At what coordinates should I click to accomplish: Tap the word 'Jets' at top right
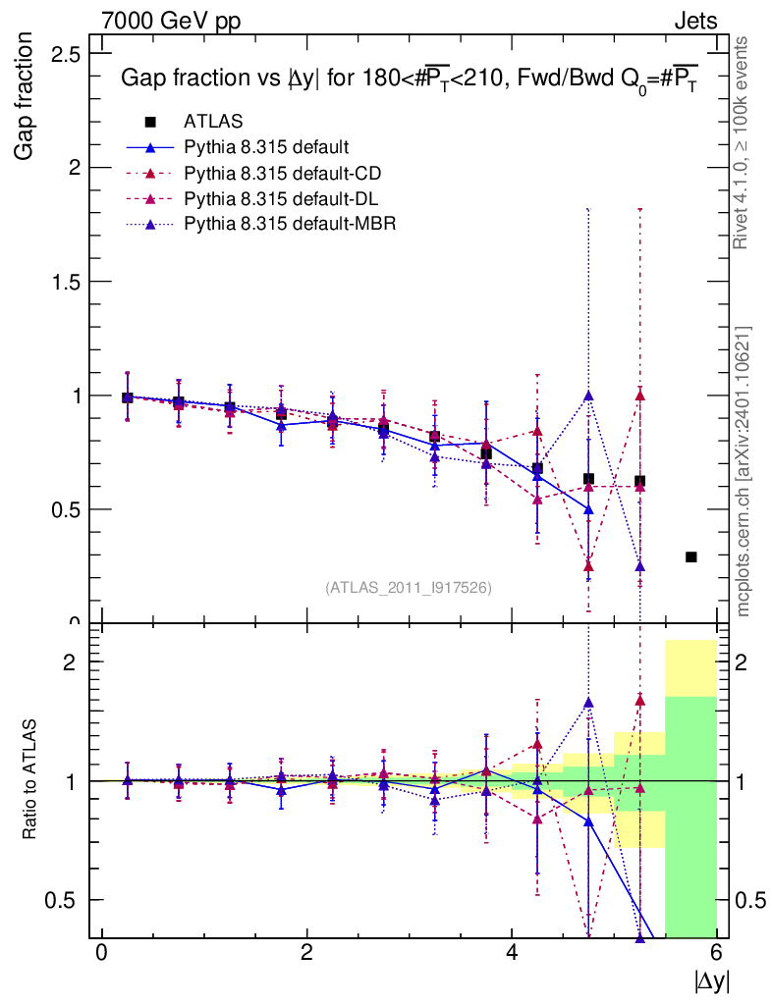[x=695, y=21]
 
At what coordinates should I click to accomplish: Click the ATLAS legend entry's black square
[x=150, y=122]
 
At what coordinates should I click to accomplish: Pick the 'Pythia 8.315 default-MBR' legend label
[x=290, y=224]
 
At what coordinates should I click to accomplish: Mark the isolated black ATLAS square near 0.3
[x=691, y=557]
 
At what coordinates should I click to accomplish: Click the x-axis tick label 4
[x=513, y=952]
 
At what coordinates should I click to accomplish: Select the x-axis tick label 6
[x=718, y=952]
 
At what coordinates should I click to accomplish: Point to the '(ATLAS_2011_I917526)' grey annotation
[x=409, y=587]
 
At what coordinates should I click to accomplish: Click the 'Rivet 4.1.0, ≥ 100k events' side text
[x=744, y=143]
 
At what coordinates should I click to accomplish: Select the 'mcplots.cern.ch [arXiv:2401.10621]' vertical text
[x=744, y=471]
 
